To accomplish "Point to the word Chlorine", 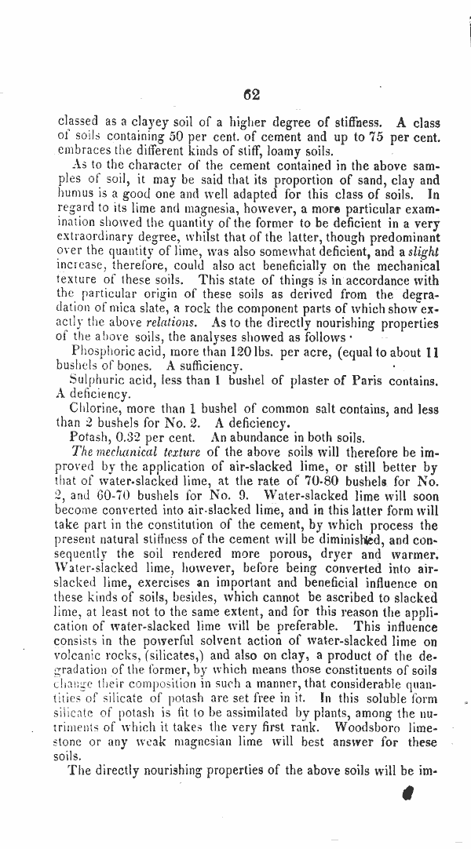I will point(96,409).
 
